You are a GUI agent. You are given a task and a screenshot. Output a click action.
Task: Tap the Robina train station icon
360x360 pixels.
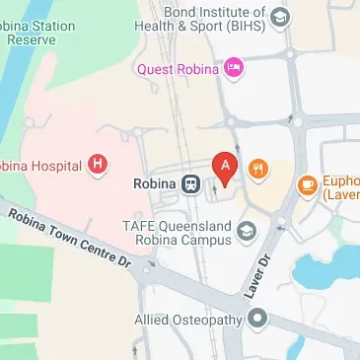pyautogui.click(x=189, y=183)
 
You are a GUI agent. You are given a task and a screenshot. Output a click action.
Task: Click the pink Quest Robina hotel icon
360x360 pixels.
pyautogui.click(x=234, y=68)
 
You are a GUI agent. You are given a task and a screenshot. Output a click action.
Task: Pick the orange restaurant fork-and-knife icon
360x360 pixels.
pyautogui.click(x=258, y=168)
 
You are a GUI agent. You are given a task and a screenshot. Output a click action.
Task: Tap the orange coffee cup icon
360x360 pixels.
pyautogui.click(x=307, y=183)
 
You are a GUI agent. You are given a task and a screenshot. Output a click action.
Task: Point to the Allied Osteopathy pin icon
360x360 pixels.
pyautogui.click(x=258, y=318)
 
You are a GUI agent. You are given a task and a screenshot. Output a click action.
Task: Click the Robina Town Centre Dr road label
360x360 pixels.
pyautogui.click(x=69, y=236)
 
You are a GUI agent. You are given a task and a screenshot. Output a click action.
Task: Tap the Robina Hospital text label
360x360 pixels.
pyautogui.click(x=40, y=165)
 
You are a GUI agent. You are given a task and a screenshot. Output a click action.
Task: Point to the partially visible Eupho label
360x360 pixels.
pyautogui.click(x=341, y=188)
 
